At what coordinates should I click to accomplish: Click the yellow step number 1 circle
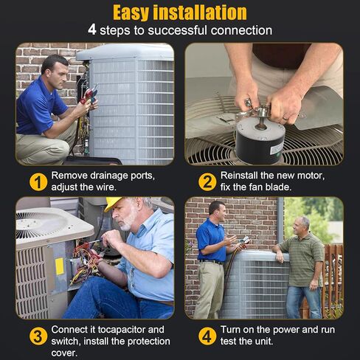[38, 182]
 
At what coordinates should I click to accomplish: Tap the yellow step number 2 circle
[207, 182]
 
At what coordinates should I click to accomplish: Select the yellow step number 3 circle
[38, 336]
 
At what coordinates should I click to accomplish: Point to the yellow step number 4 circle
[207, 336]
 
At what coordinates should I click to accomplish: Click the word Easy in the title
[131, 13]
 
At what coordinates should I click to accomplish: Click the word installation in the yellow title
[200, 13]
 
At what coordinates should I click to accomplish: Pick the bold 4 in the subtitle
[92, 30]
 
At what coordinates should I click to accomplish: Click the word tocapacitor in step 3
[131, 330]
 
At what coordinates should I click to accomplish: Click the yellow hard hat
[112, 203]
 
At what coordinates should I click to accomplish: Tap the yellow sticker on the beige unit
[60, 266]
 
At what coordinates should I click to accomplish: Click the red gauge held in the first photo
[87, 94]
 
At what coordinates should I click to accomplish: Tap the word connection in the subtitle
[241, 30]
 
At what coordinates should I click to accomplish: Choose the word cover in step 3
[64, 353]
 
